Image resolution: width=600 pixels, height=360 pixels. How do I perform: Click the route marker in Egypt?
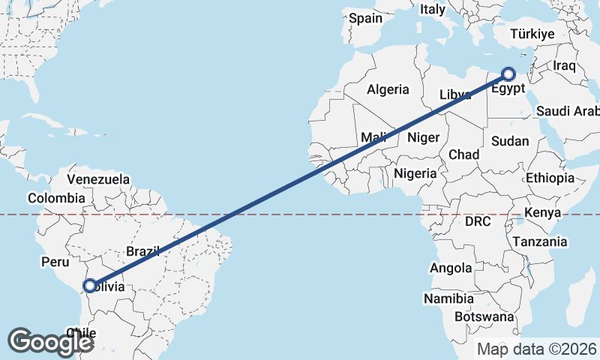pos(508,74)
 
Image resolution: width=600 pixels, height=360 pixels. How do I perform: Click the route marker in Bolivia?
pos(90,286)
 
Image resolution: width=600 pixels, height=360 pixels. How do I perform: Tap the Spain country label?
pos(365,18)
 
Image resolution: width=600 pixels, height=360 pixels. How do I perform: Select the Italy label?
pos(432,10)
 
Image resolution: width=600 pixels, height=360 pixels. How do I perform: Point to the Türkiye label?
pos(532,34)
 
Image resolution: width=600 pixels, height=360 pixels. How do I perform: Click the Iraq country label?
pos(564,65)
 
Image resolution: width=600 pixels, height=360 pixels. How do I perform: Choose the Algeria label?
pos(388,89)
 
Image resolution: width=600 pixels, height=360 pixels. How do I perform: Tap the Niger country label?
pos(422,137)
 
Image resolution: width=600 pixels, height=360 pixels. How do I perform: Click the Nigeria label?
pos(415,173)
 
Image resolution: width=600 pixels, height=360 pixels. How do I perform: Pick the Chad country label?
pos(463,154)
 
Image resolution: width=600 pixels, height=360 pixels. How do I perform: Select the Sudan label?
pos(510,141)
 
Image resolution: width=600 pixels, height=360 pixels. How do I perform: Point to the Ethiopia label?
pos(550,178)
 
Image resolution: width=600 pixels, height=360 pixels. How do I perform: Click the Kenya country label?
pos(542,213)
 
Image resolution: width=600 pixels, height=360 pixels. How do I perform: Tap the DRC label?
pos(478,222)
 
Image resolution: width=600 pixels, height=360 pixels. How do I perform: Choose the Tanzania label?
pos(540,241)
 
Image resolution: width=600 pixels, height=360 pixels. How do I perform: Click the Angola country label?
pos(451,268)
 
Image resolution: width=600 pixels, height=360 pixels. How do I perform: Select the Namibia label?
pos(448,298)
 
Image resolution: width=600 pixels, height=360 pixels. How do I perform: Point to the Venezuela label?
pos(98,180)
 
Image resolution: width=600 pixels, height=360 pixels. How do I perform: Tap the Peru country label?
pos(55,262)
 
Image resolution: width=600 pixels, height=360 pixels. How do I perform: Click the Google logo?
pos(50,341)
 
